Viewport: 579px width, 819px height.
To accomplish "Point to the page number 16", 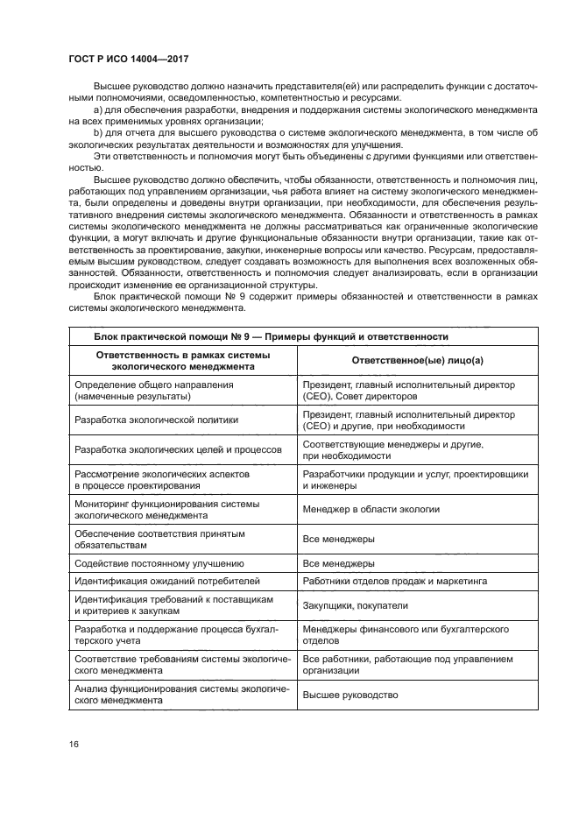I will click(74, 744).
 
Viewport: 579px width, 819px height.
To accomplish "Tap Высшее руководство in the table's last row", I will click(350, 695).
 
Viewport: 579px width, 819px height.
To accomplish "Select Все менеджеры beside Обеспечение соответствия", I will click(339, 539).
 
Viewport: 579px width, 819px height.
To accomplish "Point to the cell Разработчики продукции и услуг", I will click(414, 479).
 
